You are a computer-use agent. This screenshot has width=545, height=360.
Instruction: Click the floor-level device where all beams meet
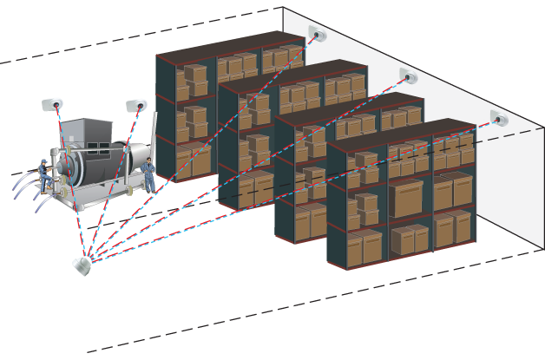pos(83,263)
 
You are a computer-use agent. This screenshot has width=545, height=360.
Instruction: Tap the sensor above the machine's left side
pos(53,104)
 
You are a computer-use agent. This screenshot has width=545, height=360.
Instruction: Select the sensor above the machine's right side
pos(136,105)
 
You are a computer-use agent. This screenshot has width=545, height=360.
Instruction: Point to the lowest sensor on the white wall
pos(499,117)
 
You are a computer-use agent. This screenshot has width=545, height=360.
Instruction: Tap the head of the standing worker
pos(149,162)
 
